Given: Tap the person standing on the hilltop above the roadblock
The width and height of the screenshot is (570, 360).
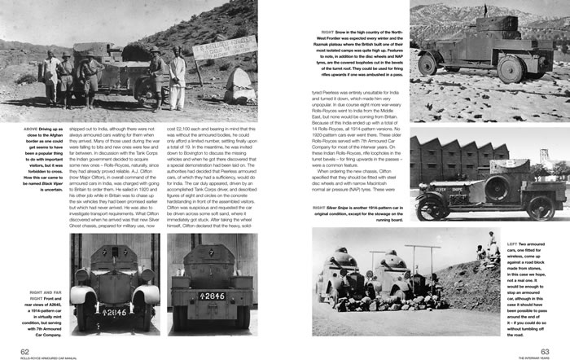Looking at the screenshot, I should coord(489,240).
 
